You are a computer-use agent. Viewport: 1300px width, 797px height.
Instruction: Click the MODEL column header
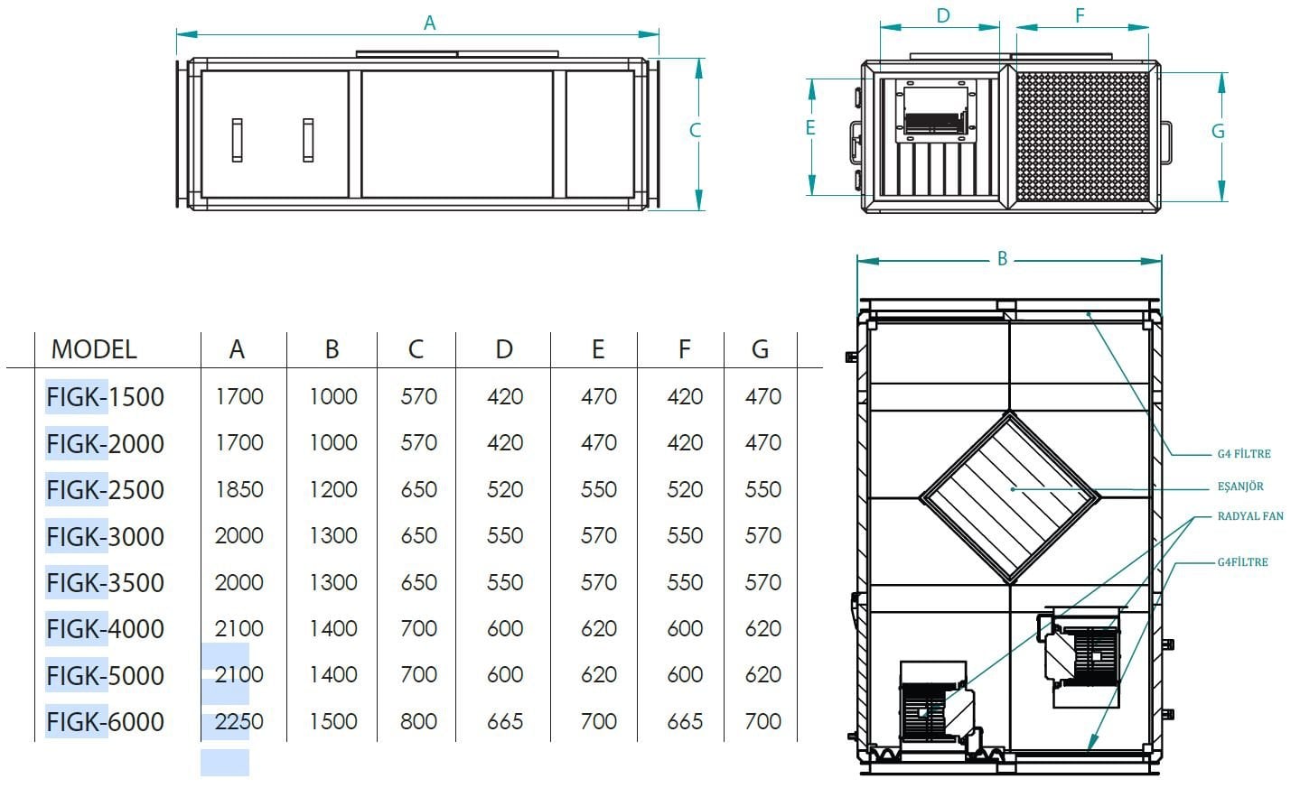tap(94, 349)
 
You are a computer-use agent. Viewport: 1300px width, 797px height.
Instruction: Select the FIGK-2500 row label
tap(105, 490)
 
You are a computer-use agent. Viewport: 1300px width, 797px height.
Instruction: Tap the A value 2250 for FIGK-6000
tap(239, 722)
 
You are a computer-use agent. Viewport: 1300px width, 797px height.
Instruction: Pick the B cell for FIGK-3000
tap(333, 535)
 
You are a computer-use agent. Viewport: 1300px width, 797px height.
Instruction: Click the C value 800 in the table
tap(418, 722)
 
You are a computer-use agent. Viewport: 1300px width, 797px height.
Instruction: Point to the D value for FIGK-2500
tap(505, 490)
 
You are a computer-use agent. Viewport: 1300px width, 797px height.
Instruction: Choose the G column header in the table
tap(761, 349)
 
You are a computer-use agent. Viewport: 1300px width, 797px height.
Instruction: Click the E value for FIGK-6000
tap(598, 722)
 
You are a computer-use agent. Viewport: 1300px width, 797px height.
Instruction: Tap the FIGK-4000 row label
tap(105, 629)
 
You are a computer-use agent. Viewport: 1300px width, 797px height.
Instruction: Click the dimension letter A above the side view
tap(429, 23)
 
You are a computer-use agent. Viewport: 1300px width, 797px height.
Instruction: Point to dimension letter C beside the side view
tap(696, 130)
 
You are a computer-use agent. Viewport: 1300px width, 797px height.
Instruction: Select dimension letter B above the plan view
tap(1002, 259)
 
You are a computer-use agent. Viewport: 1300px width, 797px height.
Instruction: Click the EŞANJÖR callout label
tap(1240, 487)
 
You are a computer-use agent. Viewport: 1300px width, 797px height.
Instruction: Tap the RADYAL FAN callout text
tap(1250, 516)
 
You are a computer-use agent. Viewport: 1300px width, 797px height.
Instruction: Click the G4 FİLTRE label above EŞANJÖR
tap(1244, 454)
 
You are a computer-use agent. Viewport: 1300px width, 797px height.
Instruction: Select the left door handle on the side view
tap(237, 140)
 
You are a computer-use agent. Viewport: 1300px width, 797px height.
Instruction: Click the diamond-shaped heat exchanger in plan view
tap(1010, 497)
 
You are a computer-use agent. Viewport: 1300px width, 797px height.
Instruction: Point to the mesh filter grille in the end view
tap(1083, 137)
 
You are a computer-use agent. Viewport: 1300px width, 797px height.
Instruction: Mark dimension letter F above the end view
tap(1080, 15)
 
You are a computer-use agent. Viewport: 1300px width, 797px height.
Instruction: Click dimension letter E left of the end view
tap(810, 127)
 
